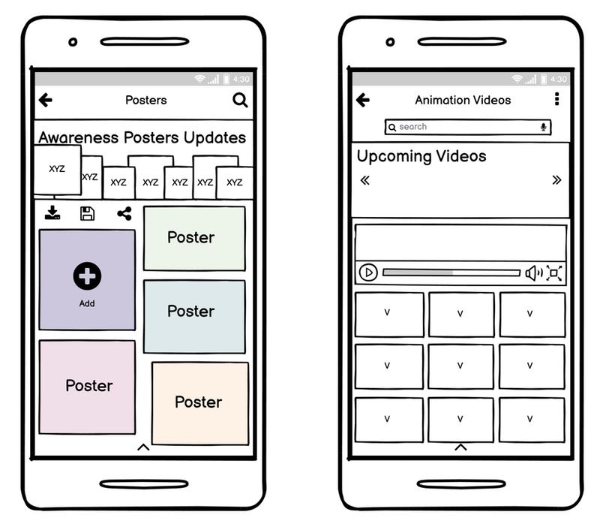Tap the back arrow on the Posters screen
tap(46, 100)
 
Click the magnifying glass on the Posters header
tap(240, 100)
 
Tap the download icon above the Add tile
tap(52, 213)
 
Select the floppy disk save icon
tap(88, 213)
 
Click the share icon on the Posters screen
tap(124, 213)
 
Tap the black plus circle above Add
tap(87, 276)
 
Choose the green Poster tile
tap(194, 238)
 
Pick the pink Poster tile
tap(87, 387)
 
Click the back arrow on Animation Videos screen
tap(363, 100)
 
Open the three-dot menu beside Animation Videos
tap(556, 99)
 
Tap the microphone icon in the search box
tap(543, 127)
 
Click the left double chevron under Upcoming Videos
tap(365, 180)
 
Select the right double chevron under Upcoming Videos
tap(556, 180)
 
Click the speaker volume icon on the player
tap(533, 273)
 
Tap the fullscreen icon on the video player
tap(554, 273)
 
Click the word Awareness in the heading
tap(79, 138)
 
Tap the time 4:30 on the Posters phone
tap(241, 79)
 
